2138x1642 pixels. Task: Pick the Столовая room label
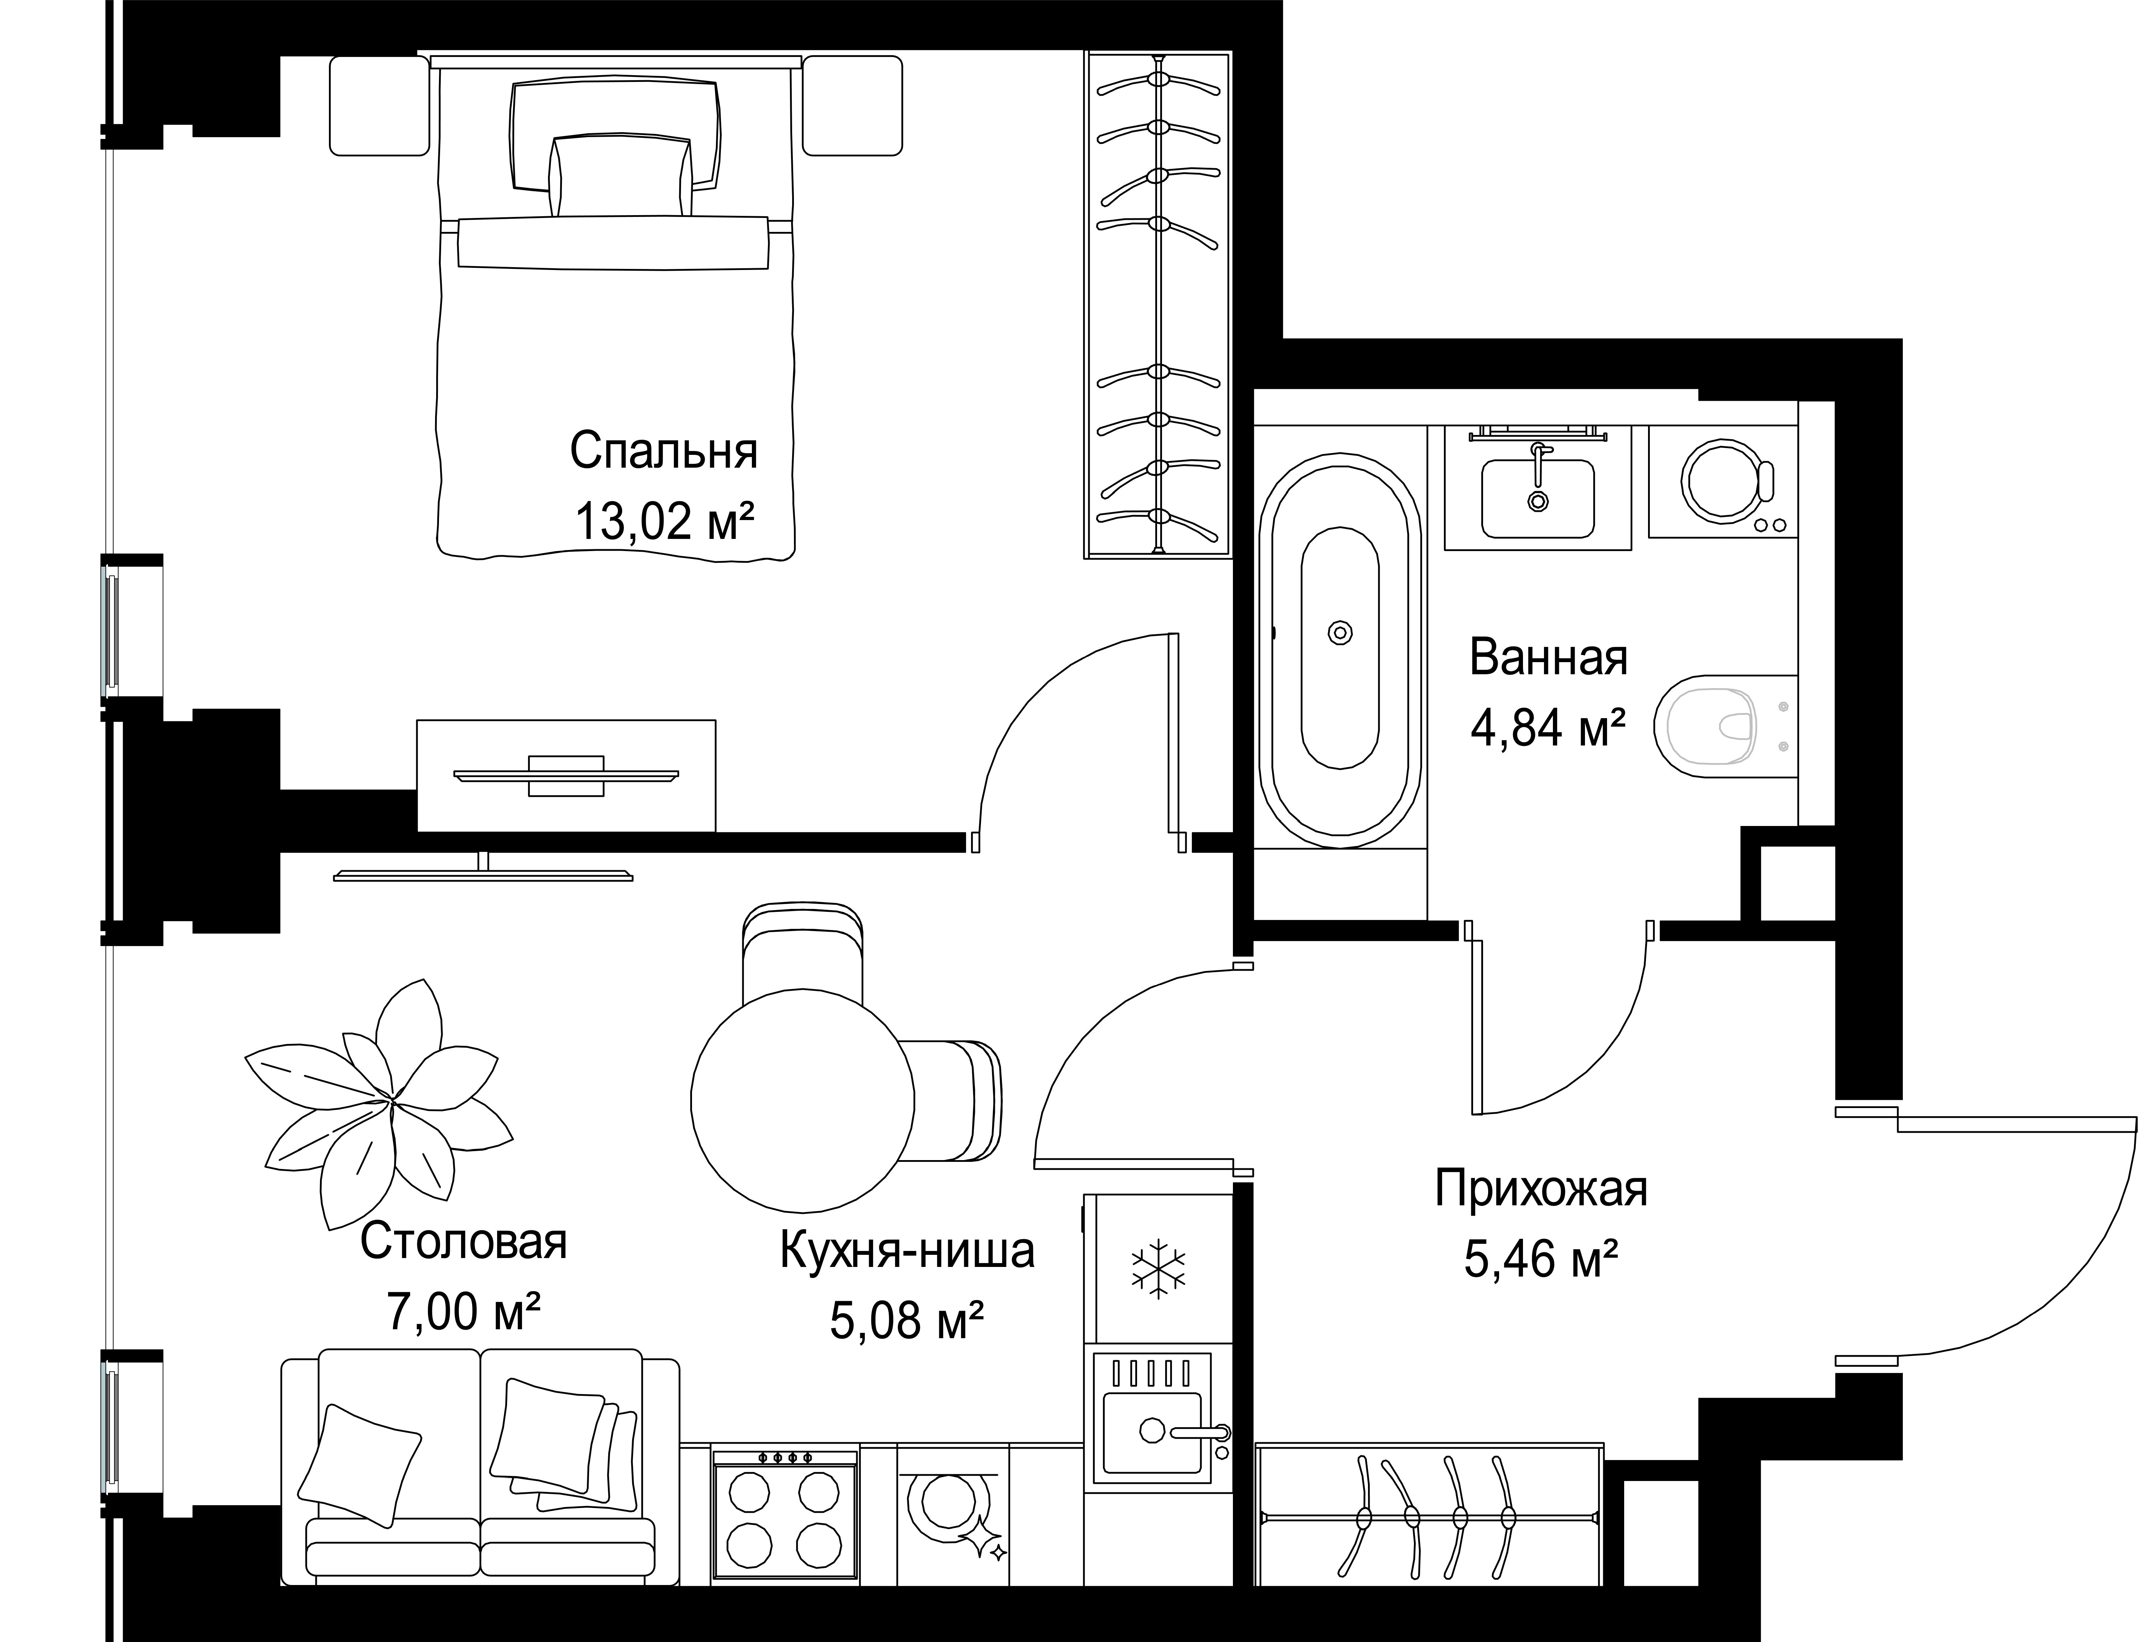463,1242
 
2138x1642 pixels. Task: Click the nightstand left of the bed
379,105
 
